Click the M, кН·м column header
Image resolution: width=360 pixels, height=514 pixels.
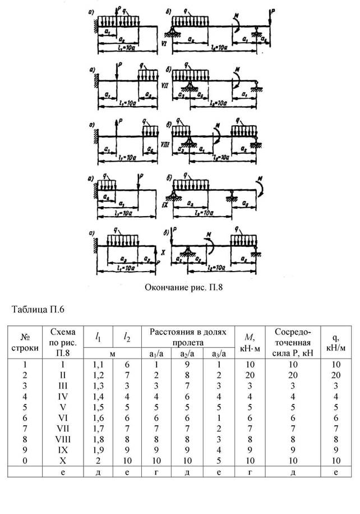click(247, 341)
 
